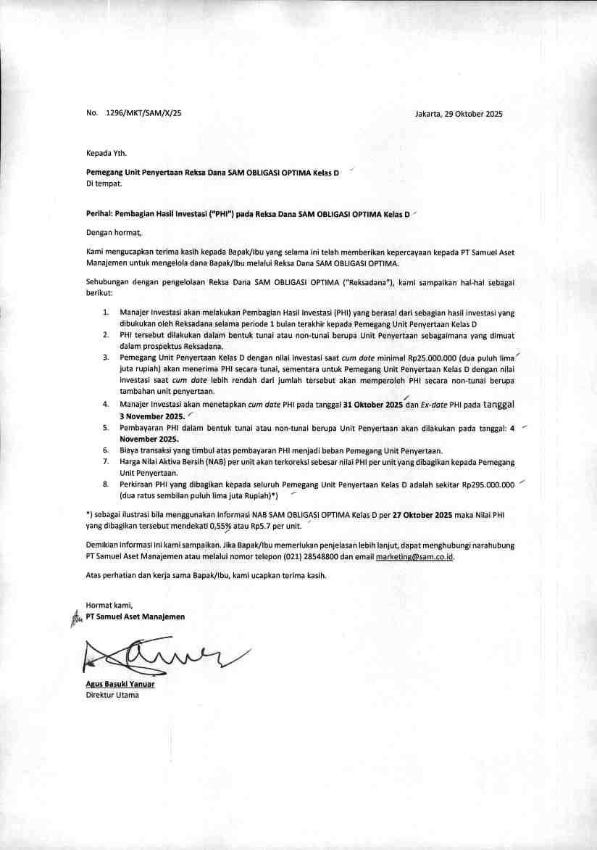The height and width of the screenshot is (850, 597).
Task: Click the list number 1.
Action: click(105, 313)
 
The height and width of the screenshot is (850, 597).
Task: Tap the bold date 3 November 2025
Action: click(151, 416)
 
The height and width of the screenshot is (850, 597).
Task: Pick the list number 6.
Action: click(105, 450)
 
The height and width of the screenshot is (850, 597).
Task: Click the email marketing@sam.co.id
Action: click(419, 556)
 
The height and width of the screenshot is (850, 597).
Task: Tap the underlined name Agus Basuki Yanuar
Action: click(120, 684)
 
